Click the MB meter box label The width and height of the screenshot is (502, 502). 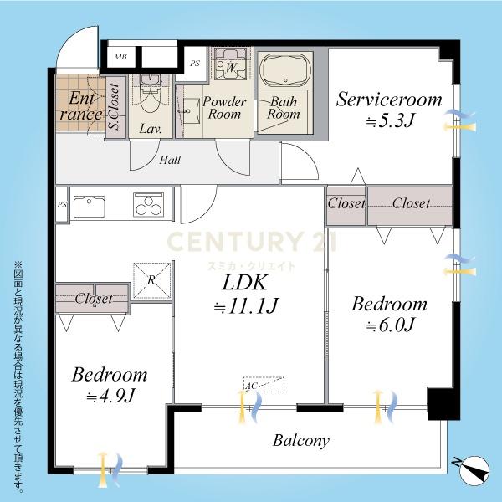click(x=120, y=57)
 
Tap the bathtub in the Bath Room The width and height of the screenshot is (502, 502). click(x=285, y=70)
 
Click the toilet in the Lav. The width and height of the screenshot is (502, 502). click(x=151, y=93)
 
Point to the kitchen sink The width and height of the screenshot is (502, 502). click(x=90, y=207)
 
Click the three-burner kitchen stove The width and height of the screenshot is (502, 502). click(x=149, y=205)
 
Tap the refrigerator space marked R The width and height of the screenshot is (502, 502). click(x=151, y=280)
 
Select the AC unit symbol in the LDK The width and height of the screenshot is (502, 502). click(x=264, y=385)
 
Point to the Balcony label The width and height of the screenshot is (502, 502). click(x=301, y=441)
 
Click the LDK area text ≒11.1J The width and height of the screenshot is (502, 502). click(x=246, y=306)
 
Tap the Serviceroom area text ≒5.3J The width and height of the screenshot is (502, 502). click(x=390, y=120)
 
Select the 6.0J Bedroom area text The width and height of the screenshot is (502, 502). click(x=390, y=325)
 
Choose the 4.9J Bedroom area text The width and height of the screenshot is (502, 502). click(x=110, y=396)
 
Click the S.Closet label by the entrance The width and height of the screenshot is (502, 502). click(x=115, y=106)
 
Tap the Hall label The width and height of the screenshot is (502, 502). click(x=170, y=160)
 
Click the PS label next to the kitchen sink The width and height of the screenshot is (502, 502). click(x=62, y=205)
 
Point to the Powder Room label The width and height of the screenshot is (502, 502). click(x=224, y=108)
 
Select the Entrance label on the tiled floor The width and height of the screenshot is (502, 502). click(x=81, y=106)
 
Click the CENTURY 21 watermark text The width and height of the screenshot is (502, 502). click(x=251, y=242)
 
